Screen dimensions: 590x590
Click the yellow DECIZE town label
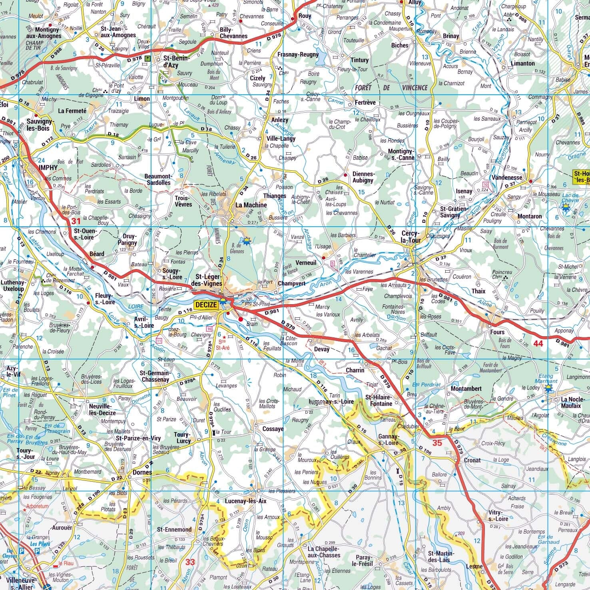206,305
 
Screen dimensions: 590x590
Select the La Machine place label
251,205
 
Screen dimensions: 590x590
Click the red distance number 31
76,221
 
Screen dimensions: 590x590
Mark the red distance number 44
538,343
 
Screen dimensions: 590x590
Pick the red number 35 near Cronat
437,442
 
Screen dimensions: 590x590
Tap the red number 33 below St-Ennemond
190,562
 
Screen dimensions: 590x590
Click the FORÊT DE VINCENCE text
391,88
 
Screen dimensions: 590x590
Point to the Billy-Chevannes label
234,33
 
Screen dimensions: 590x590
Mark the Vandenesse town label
507,177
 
